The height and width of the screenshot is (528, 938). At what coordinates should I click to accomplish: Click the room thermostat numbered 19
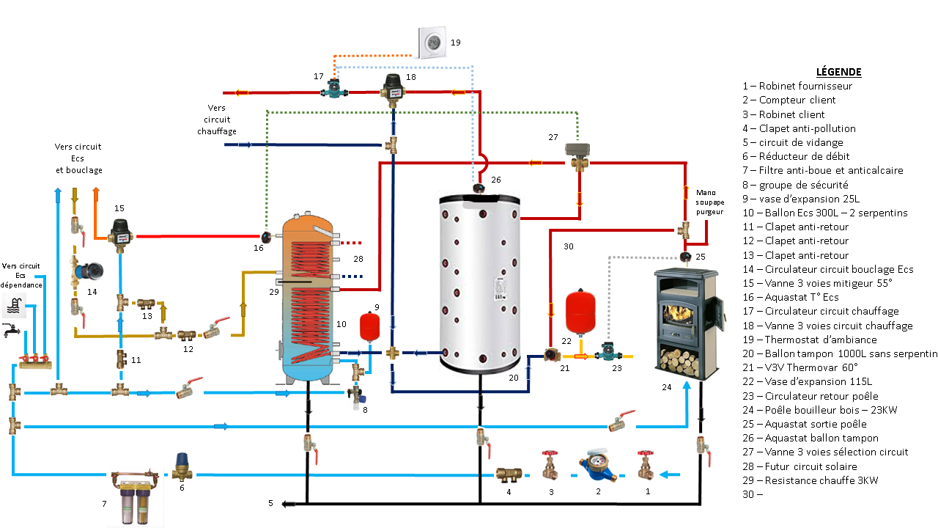point(434,42)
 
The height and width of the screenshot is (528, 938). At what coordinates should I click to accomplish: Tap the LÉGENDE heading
point(838,72)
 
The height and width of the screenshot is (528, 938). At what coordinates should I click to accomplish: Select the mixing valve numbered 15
point(119,232)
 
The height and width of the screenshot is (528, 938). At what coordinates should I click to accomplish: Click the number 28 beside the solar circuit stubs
point(358,259)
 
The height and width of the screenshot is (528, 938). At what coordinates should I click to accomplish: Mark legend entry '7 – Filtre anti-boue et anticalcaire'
point(822,170)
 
